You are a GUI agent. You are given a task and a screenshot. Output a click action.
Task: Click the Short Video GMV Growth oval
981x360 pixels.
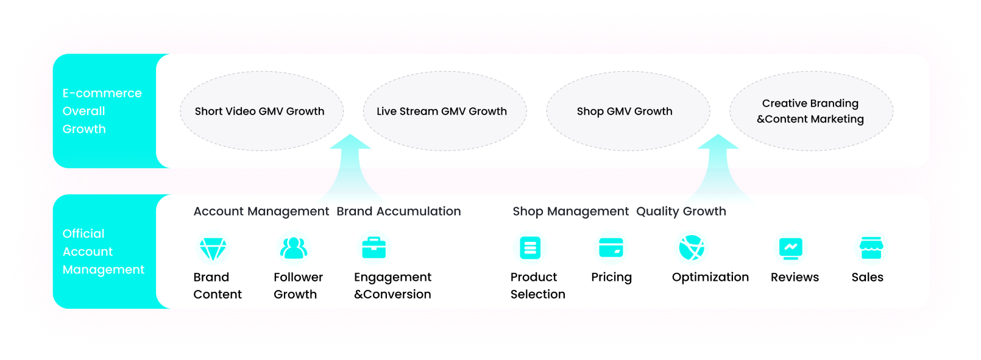261,111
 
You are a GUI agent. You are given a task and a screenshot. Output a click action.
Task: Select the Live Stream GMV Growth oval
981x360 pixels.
445,111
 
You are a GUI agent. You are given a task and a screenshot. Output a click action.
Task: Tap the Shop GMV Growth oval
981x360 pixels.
628,111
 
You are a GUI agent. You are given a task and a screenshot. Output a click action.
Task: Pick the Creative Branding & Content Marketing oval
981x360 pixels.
811,111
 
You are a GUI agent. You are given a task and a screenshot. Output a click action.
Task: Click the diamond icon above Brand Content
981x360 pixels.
213,249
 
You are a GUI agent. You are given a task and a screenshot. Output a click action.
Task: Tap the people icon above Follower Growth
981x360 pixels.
294,248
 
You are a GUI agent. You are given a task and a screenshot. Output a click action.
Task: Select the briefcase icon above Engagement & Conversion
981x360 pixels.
374,247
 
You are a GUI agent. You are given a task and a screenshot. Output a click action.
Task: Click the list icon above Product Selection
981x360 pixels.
530,248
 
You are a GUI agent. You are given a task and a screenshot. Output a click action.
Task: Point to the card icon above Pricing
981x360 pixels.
611,248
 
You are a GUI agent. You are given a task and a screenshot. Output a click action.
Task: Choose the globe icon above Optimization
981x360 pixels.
692,248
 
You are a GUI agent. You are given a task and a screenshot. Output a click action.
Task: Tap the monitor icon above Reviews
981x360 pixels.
790,249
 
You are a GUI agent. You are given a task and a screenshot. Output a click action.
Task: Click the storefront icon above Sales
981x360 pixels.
871,248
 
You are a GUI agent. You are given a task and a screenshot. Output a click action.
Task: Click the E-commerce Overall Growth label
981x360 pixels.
102,111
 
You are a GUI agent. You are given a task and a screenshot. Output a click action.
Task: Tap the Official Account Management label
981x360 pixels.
104,252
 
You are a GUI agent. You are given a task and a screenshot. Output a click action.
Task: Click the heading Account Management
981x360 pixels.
261,211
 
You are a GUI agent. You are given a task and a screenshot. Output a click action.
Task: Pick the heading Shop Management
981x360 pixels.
571,211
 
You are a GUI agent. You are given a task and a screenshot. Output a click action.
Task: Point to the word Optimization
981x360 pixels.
710,277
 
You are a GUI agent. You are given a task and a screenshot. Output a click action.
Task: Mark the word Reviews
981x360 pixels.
795,277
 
